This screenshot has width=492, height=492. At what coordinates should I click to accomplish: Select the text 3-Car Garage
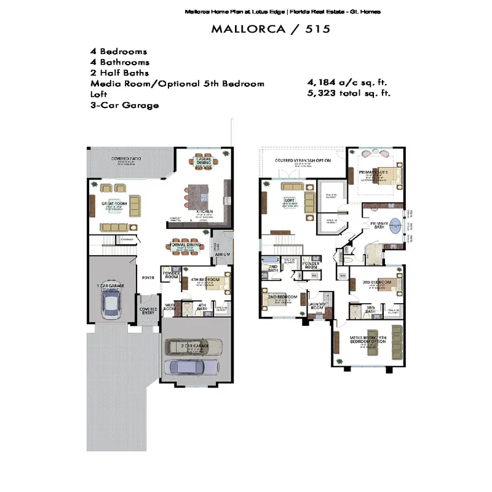125,105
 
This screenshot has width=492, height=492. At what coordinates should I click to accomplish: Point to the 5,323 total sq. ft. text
349,93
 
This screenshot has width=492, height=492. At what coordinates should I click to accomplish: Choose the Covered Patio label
126,159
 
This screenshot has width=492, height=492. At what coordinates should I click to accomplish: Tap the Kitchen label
204,212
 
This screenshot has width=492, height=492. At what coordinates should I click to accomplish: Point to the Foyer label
148,277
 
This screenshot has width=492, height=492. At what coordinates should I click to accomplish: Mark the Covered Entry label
148,311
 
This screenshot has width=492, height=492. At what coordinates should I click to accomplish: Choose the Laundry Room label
317,305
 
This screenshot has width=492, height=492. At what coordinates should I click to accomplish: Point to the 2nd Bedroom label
282,297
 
